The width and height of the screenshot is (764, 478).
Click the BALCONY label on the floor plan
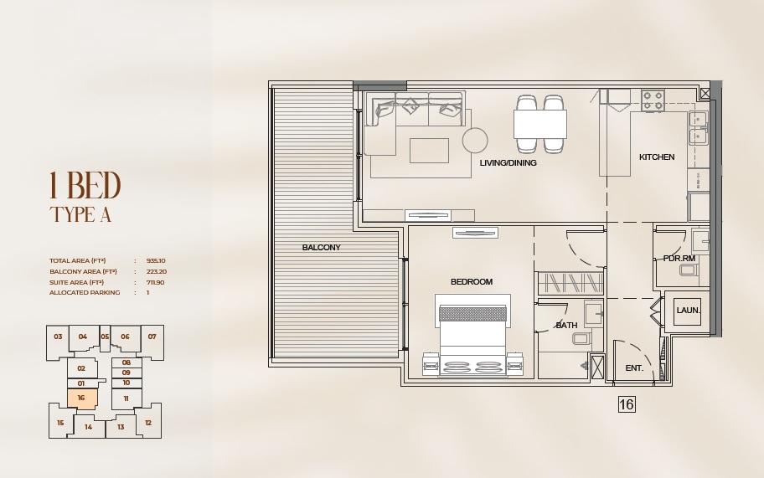click(322, 248)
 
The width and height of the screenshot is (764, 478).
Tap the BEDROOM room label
click(472, 282)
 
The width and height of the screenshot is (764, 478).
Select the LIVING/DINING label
click(508, 163)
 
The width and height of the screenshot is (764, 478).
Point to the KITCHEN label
click(657, 157)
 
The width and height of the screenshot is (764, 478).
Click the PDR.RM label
click(679, 259)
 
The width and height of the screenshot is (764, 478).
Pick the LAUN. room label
click(688, 311)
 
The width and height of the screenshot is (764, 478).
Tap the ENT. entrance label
click(634, 368)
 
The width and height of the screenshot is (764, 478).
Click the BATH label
click(566, 326)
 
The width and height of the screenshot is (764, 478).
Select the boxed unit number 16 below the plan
click(627, 405)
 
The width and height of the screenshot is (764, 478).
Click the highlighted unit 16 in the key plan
click(81, 398)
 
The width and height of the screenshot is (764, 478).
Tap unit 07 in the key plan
click(152, 337)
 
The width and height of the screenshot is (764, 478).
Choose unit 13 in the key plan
click(121, 428)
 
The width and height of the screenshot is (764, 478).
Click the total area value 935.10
click(156, 261)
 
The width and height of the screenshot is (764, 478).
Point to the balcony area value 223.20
click(156, 272)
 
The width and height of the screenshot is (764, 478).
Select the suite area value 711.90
click(156, 283)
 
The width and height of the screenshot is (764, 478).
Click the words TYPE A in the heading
click(80, 214)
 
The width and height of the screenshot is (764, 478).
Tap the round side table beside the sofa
click(475, 140)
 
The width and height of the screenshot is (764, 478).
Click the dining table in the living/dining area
click(539, 124)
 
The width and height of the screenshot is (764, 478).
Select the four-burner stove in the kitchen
click(653, 100)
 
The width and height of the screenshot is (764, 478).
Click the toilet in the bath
click(581, 339)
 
